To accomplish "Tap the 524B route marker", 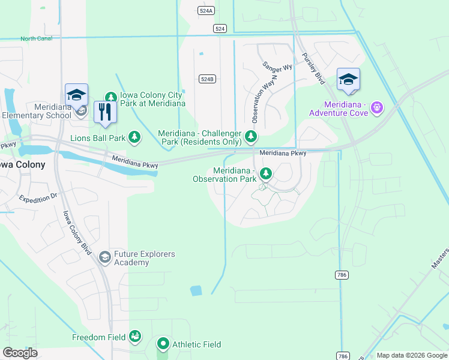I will click(207, 79).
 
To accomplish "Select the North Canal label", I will click(37, 39).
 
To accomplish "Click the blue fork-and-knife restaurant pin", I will click(105, 112).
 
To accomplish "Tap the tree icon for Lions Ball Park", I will click(134, 138).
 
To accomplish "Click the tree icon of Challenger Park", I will click(251, 138).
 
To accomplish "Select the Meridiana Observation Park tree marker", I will click(265, 174).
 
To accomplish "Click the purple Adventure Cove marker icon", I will click(377, 108).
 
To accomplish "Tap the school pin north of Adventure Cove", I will click(348, 79).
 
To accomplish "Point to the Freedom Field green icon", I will click(136, 337).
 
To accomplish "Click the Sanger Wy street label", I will click(277, 66).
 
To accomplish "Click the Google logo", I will click(20, 353).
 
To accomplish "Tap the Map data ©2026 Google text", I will click(411, 355).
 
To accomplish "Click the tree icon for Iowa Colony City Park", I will click(110, 97).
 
